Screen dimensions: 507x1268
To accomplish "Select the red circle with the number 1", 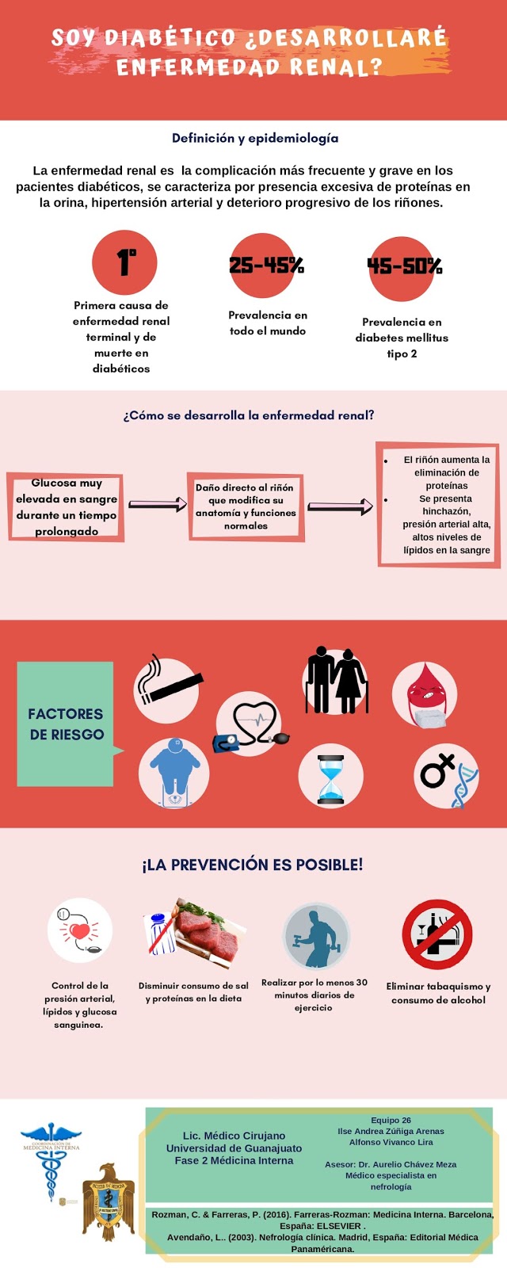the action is tap(124, 262).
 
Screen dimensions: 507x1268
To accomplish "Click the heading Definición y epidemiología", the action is tap(255, 138).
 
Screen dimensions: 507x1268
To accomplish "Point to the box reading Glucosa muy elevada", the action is tap(67, 507).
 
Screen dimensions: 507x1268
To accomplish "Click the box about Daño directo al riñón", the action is tap(246, 507).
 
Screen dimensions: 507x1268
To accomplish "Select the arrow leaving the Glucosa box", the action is tap(157, 504).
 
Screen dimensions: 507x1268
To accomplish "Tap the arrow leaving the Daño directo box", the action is tap(340, 506).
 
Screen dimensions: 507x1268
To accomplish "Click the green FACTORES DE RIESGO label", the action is tap(66, 724).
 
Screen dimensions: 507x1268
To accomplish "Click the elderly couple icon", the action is tap(336, 681).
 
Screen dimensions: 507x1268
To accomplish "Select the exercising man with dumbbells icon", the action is tap(316, 935).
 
